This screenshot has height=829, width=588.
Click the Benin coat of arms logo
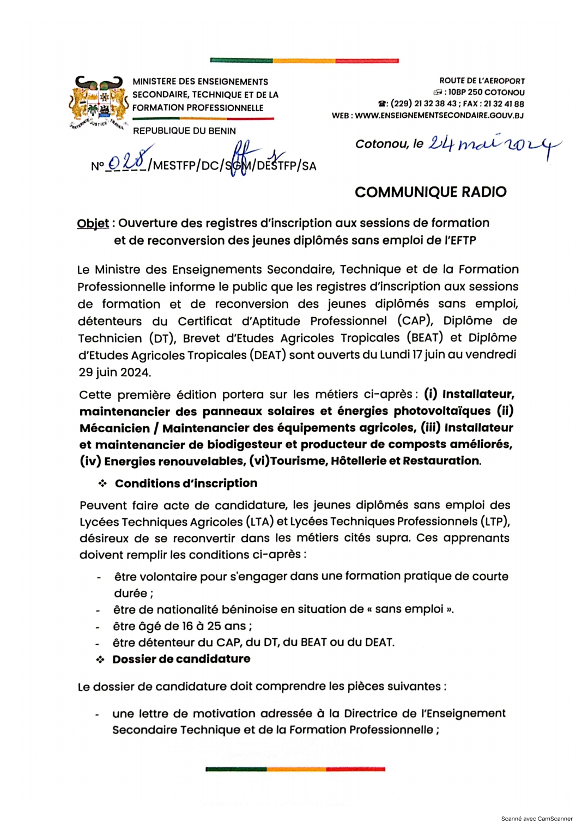click(97, 101)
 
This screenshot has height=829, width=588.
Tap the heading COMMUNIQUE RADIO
click(431, 192)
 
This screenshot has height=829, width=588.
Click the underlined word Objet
click(93, 223)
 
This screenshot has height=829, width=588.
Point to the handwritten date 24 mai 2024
click(494, 143)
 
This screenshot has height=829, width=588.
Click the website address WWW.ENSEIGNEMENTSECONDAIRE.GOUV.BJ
click(439, 116)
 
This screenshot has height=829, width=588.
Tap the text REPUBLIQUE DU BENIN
click(184, 131)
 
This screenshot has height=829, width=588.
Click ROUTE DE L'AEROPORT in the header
click(482, 81)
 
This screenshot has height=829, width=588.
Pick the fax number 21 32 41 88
click(504, 104)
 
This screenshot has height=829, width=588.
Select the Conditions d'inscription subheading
click(186, 483)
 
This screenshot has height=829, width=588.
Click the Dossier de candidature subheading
click(181, 659)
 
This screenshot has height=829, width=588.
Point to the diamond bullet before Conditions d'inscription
click(102, 483)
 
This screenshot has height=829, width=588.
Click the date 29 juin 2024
click(114, 372)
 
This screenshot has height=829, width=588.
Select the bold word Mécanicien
click(114, 428)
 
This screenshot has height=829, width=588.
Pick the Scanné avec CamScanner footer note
click(537, 819)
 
